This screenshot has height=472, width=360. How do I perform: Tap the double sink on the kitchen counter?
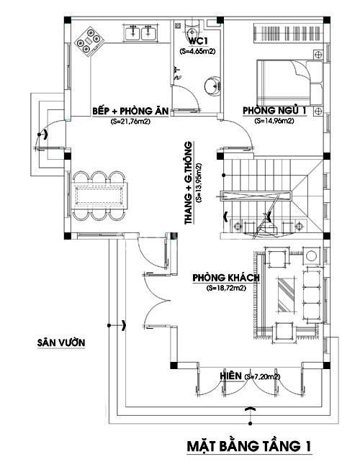coord(142,32)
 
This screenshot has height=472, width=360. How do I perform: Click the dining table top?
coord(102,195)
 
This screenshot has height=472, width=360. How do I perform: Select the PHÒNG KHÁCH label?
coord(226,278)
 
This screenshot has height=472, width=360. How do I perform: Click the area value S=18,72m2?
coord(226,289)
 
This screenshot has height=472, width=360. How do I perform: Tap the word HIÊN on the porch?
coord(230,376)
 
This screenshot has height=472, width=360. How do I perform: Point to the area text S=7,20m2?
coord(263,376)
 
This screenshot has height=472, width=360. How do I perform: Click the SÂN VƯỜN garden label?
coord(62,342)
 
